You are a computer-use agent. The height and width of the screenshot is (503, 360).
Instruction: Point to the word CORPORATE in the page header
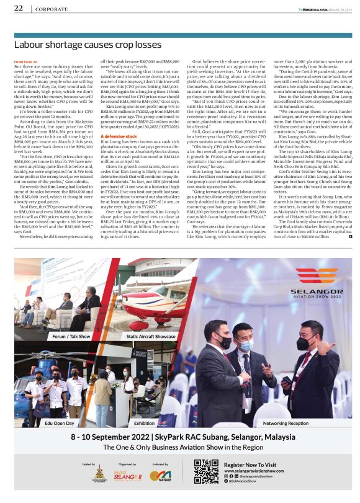tap(52, 9)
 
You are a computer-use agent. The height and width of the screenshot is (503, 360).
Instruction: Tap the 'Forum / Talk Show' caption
tap(71, 336)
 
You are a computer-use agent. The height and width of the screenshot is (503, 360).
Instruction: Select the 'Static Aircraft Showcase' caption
tap(151, 336)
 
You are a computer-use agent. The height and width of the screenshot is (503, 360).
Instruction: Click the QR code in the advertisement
tap(206, 471)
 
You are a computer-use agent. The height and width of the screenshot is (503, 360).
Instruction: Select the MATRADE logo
tap(163, 476)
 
